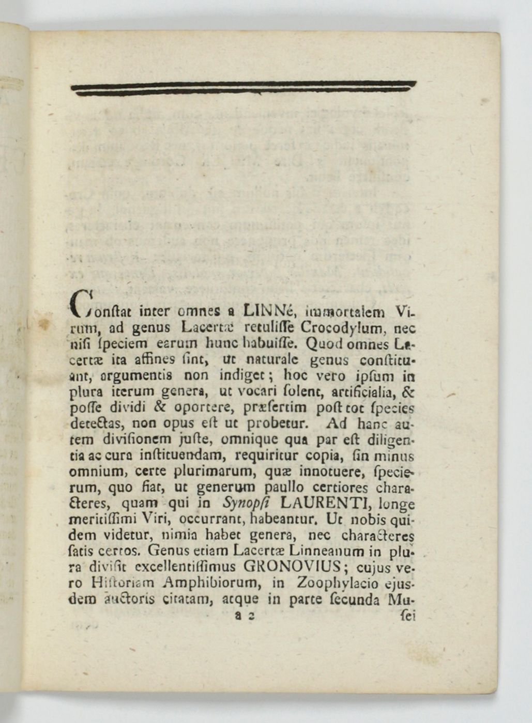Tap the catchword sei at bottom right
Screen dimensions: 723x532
(407, 616)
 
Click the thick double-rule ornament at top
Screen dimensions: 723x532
(243, 88)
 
